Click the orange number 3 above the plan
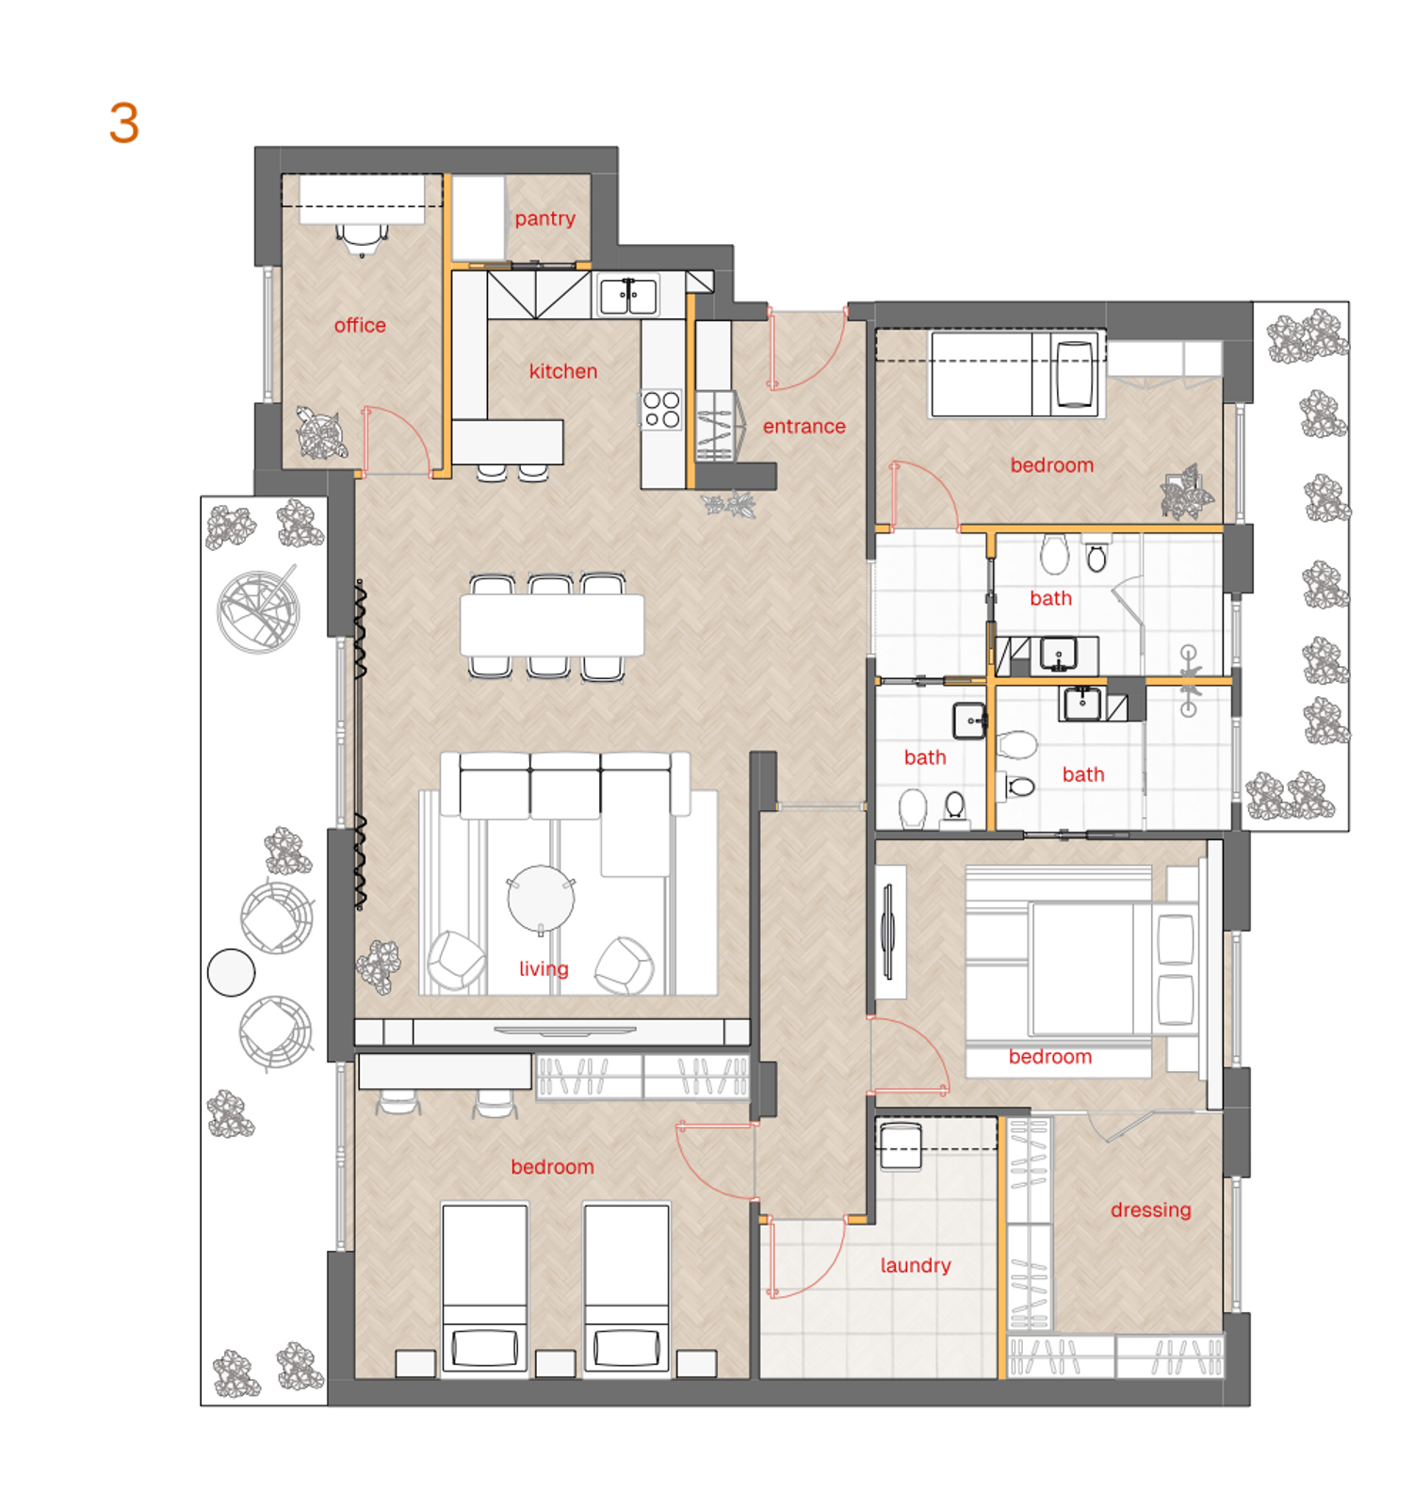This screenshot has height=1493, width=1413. click(x=124, y=123)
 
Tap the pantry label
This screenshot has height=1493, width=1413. click(x=544, y=219)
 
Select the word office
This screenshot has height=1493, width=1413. click(x=360, y=325)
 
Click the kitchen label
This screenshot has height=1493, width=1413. click(x=563, y=371)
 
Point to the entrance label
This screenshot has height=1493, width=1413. click(x=804, y=427)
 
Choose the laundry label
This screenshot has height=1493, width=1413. click(x=916, y=1265)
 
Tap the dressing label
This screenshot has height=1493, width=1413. click(x=1151, y=1210)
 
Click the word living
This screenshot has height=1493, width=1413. click(x=544, y=968)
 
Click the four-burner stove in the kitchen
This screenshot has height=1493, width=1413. click(x=662, y=410)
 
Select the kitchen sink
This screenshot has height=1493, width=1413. click(x=628, y=296)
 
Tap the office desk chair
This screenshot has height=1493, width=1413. click(x=362, y=239)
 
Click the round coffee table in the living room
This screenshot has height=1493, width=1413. click(x=541, y=899)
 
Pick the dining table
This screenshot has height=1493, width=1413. click(x=552, y=625)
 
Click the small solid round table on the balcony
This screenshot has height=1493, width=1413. click(x=231, y=972)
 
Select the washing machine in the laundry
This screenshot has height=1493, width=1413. click(x=901, y=1145)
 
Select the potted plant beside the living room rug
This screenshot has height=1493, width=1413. click(x=379, y=966)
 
